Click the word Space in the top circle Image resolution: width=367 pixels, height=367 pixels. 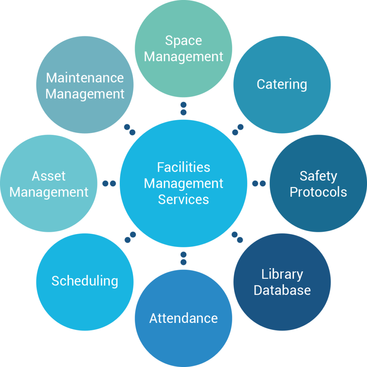[183, 41]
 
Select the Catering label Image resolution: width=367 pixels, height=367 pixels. [282, 85]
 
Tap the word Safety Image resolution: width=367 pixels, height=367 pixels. [318, 176]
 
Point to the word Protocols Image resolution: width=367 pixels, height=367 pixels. [318, 192]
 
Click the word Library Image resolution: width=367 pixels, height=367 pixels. [282, 275]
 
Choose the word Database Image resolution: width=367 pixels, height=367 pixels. [282, 290]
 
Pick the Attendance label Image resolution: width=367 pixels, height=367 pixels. [183, 318]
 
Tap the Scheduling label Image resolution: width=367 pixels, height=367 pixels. [85, 281]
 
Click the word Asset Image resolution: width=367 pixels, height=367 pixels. [49, 176]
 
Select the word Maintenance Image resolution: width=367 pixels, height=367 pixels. [85, 78]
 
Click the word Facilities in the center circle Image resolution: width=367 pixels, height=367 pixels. [183, 167]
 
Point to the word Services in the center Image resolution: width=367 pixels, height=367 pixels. [183, 200]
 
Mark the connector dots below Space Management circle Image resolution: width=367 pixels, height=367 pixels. [183, 108]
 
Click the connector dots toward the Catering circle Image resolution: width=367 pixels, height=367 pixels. [238, 130]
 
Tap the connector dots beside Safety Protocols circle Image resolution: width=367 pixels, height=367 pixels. [259, 183]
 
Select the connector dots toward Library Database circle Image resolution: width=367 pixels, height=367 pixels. [237, 237]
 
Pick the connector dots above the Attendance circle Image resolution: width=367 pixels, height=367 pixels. [183, 258]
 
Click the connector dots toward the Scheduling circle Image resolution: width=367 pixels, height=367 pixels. [130, 237]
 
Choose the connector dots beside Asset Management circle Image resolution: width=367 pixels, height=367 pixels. [109, 183]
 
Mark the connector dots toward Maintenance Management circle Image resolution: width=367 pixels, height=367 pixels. [130, 130]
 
